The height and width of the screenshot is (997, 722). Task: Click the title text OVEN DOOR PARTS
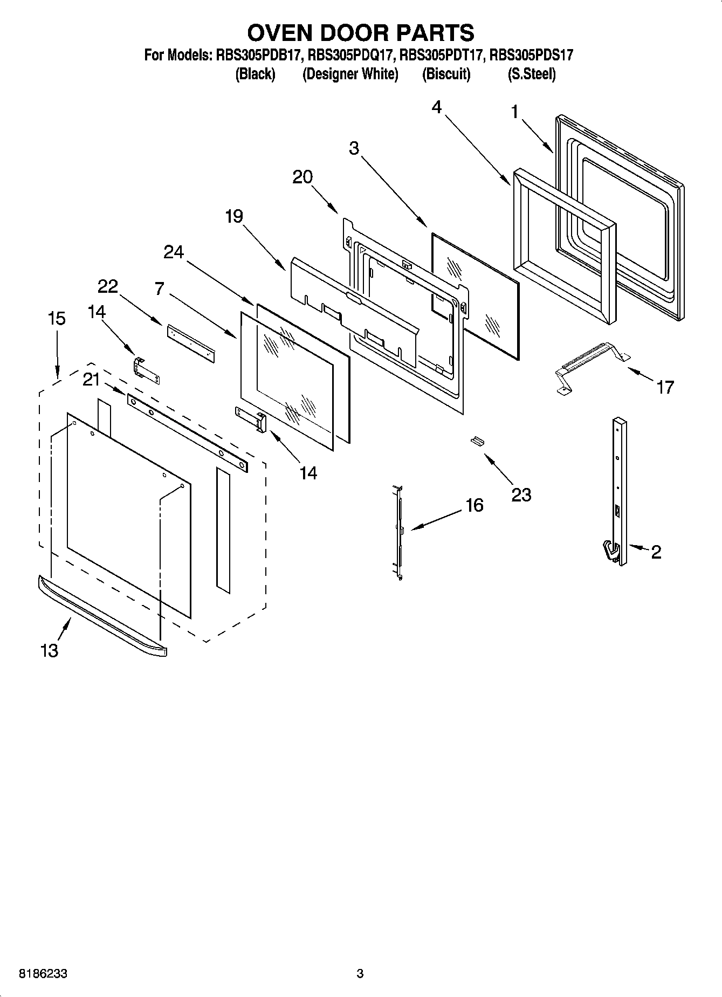pyautogui.click(x=360, y=33)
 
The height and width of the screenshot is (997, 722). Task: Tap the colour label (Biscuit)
pyautogui.click(x=446, y=74)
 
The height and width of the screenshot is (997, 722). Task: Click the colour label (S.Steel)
pyautogui.click(x=531, y=74)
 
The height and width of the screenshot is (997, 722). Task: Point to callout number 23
pyautogui.click(x=521, y=494)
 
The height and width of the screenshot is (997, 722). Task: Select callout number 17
pyautogui.click(x=664, y=387)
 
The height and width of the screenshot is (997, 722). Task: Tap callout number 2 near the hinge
pyautogui.click(x=656, y=552)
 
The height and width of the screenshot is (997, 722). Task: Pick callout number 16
pyautogui.click(x=474, y=505)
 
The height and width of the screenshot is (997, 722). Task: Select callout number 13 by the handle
pyautogui.click(x=49, y=651)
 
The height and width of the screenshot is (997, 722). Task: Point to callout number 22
pyautogui.click(x=108, y=286)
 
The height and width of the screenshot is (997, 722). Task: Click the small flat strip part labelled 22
pyautogui.click(x=190, y=343)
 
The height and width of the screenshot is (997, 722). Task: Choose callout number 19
pyautogui.click(x=234, y=216)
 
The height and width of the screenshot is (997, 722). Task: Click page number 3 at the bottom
pyautogui.click(x=360, y=974)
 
